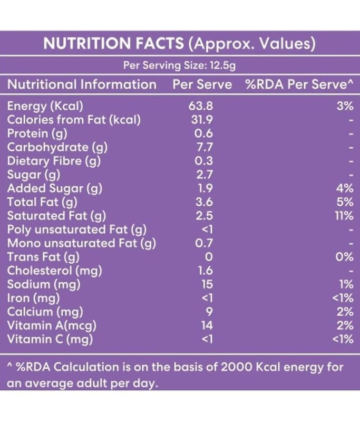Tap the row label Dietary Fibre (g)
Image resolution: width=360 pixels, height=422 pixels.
click(x=54, y=161)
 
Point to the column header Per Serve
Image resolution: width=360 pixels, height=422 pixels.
click(x=202, y=84)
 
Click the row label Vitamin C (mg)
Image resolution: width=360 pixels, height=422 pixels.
click(x=50, y=339)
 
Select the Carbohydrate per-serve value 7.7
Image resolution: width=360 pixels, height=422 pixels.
click(x=203, y=147)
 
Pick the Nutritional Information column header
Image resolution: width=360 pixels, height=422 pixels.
click(x=82, y=84)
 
